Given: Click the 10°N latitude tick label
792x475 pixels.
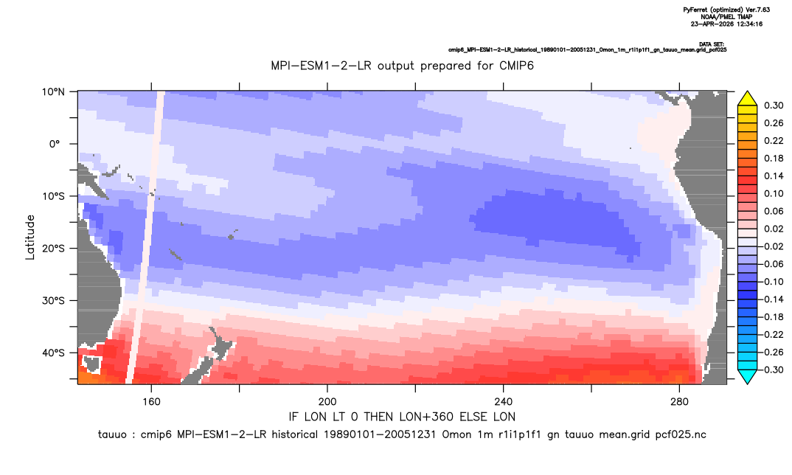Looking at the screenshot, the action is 52,92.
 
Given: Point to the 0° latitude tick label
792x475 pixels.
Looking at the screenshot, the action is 55,144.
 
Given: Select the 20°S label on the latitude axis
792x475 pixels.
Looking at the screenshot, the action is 52,249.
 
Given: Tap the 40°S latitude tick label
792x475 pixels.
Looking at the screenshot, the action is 52,353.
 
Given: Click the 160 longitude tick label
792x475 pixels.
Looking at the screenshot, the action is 151,402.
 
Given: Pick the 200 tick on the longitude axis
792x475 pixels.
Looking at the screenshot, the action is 327,402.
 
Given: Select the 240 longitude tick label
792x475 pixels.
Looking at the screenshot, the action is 503,402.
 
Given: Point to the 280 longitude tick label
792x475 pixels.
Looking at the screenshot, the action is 679,402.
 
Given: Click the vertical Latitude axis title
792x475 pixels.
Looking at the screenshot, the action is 30,237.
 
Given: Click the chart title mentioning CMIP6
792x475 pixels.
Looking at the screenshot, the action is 402,66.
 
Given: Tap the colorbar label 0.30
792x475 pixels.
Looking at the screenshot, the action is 774,105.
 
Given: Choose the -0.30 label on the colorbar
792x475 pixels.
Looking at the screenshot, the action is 771,370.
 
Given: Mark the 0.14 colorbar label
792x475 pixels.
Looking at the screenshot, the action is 774,176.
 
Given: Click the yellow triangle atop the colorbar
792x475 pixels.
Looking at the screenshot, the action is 747,99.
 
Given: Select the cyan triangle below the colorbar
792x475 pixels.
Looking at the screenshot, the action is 747,377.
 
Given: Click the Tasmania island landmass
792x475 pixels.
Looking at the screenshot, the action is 92,364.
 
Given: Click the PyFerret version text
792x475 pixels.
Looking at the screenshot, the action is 726,10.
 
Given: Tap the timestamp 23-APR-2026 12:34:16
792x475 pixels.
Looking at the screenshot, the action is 726,24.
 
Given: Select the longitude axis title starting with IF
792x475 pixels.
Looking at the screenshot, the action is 402,417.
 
